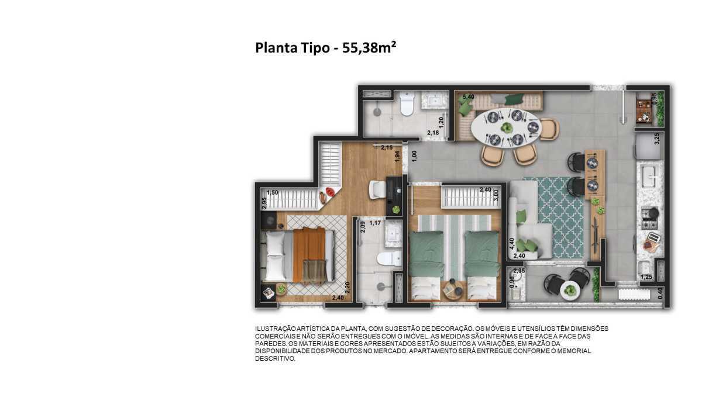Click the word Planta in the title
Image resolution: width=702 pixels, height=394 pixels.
(276, 48)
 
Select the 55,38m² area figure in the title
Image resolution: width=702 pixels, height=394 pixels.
(369, 47)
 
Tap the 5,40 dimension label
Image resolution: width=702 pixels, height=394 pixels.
(469, 97)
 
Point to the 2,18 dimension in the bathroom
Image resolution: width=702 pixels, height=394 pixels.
(433, 133)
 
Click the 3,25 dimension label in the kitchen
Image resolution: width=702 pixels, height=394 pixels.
(657, 139)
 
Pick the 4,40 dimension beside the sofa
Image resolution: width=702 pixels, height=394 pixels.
(512, 244)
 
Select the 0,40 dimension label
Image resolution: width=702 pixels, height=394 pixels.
(660, 293)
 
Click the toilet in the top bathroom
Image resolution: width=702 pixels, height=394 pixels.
(407, 103)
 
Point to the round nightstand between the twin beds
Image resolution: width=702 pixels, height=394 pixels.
(454, 290)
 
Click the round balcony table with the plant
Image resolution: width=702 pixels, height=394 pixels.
(570, 291)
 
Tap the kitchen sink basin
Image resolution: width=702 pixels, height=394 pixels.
(649, 177)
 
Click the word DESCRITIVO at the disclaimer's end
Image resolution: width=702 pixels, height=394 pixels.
(275, 359)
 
